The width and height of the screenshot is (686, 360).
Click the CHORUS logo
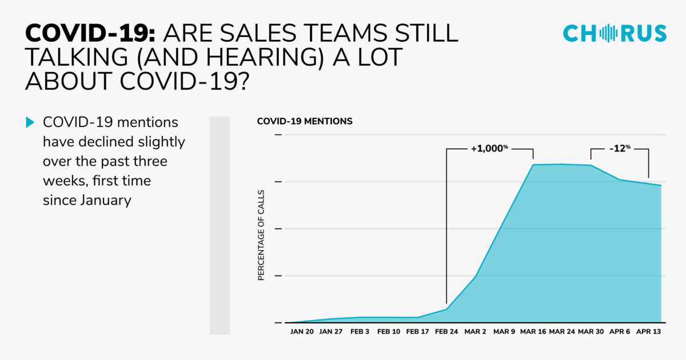pos(615,34)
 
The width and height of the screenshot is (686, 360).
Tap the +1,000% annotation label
pos(489,148)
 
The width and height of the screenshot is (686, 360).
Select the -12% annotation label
pos(620,148)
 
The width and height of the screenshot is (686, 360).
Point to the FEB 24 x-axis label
pos(446,331)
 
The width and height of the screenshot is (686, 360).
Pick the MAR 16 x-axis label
pos(533,331)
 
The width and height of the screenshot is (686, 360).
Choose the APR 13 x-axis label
pos(649,331)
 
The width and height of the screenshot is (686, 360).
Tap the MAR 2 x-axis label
pos(476,331)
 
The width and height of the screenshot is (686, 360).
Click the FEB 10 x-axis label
pos(389,331)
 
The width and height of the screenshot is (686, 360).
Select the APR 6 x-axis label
pos(620,331)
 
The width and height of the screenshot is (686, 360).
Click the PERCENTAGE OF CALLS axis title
pos(261,235)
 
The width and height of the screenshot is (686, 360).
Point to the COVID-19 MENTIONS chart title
pos(305,122)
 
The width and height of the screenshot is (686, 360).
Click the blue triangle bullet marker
pos(30,122)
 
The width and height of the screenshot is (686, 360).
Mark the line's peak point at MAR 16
pos(533,165)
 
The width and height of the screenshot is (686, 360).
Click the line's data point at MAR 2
pos(476,277)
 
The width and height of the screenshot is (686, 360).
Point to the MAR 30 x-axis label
pos(591,331)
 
